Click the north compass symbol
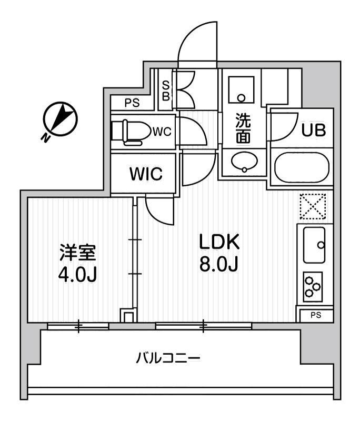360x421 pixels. click(x=59, y=118)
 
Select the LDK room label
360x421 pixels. click(x=219, y=243)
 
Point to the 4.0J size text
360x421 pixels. click(x=77, y=275)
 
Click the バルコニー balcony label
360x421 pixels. click(x=168, y=359)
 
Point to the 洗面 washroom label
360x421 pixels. click(x=243, y=128)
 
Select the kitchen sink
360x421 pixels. click(x=315, y=244)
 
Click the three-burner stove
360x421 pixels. click(x=313, y=286)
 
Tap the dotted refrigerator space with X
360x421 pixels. click(x=313, y=206)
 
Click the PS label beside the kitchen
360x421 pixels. click(x=314, y=315)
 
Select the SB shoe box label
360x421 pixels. click(x=165, y=91)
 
